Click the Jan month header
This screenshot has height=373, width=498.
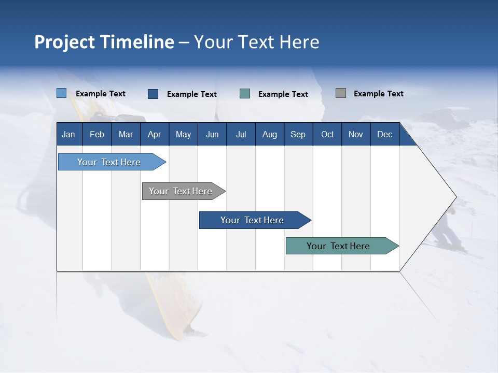(68, 135)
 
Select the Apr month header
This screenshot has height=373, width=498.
(154, 135)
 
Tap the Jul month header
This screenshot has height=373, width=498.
(241, 135)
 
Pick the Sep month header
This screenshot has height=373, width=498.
(298, 135)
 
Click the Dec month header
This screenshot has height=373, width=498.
(384, 135)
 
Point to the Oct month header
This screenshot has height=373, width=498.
(327, 135)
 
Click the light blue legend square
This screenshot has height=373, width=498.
(61, 93)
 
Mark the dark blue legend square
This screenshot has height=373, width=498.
(153, 94)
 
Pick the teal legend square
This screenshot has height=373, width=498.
(245, 94)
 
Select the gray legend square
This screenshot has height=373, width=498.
(340, 93)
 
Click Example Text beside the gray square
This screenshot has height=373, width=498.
(378, 94)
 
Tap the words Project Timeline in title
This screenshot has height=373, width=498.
(104, 42)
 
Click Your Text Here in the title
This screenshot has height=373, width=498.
(256, 42)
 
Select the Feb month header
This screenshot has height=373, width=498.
(97, 135)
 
